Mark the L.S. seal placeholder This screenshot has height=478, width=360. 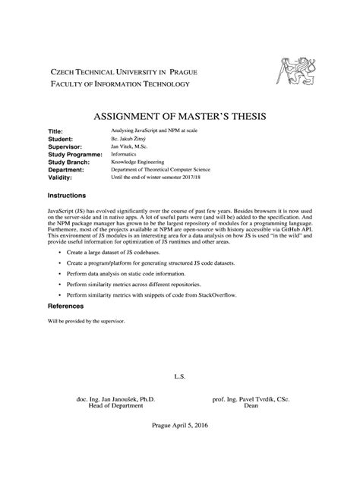pyautogui.click(x=180, y=376)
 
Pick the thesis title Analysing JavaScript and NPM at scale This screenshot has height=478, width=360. pyautogui.click(x=153, y=132)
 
